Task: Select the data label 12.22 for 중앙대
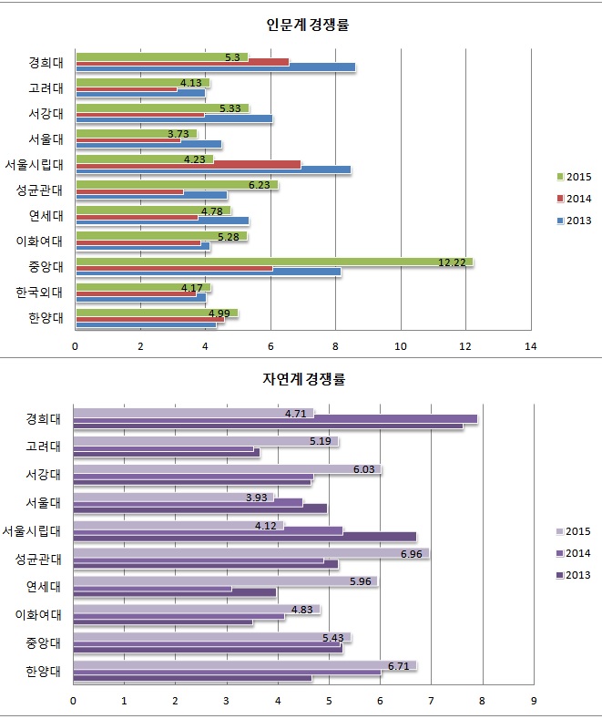point(453,262)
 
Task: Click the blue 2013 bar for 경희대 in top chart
point(215,67)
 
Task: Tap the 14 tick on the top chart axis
point(531,346)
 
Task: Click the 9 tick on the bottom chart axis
point(534,701)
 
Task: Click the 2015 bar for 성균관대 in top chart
point(175,185)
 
